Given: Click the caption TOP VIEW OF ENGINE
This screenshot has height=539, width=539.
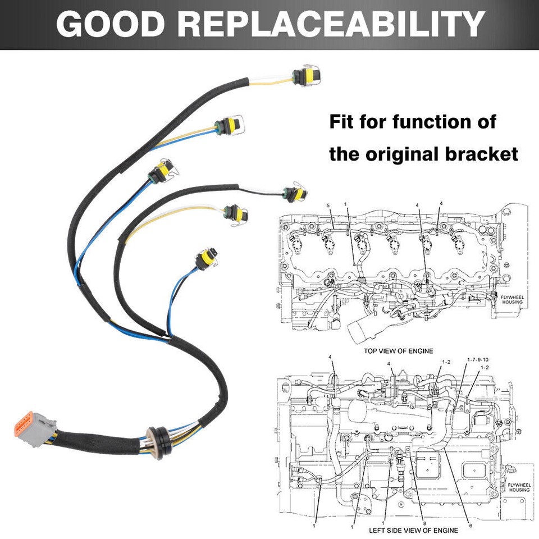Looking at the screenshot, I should click(398, 351).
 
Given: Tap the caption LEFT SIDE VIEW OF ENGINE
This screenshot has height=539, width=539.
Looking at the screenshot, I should click(413, 530).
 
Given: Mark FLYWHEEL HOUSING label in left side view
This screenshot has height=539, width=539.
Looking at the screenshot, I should click(518, 487).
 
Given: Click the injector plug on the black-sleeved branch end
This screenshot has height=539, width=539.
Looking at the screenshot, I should click(295, 194).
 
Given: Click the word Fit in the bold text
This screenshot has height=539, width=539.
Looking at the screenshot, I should click(342, 121).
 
